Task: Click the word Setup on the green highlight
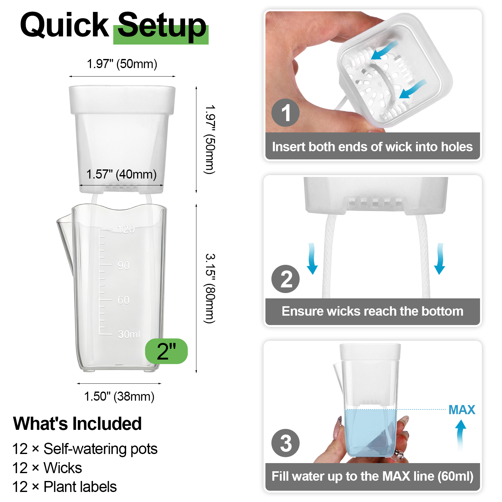coord(162,27)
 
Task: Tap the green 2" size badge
coord(166,351)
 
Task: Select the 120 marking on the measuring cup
coord(126,229)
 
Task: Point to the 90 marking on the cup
coord(124,266)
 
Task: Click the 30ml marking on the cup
coord(129,334)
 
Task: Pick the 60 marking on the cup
coord(124,300)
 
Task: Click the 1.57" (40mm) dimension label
coord(121,174)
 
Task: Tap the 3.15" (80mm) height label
coord(210,288)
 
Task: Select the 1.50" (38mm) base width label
coord(119,396)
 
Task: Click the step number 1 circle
coord(286,113)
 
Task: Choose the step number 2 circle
coord(286,279)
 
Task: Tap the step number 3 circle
coord(286,443)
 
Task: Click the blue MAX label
coord(462,410)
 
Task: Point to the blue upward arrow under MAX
coord(461,435)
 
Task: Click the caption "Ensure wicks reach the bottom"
coord(372,311)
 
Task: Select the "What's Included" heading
coord(77,424)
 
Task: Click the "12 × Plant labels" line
coord(64,487)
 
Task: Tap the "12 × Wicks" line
coord(47,468)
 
